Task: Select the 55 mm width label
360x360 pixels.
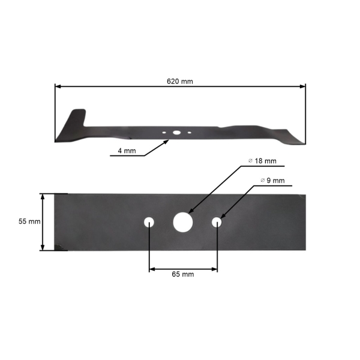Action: click(x=29, y=221)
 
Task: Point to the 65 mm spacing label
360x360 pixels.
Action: click(x=183, y=274)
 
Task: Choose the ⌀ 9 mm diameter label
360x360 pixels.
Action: click(x=272, y=181)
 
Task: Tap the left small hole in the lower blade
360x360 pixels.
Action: click(x=149, y=222)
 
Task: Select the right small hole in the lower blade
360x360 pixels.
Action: click(x=217, y=222)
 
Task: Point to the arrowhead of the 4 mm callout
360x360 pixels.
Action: click(x=167, y=142)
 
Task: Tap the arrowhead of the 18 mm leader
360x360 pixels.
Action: click(x=190, y=212)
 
